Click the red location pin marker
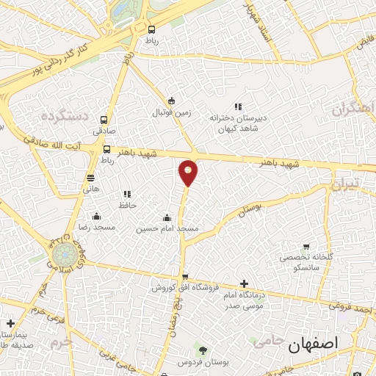(x=189, y=172)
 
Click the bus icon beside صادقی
(x=104, y=120)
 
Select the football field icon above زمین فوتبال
(x=171, y=101)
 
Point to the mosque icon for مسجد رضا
(x=96, y=216)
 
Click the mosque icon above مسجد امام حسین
(x=167, y=217)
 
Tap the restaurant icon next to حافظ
(x=127, y=194)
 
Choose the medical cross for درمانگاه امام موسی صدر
(x=244, y=283)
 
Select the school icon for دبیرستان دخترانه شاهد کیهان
(x=236, y=106)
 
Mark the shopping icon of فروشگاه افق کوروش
(x=174, y=276)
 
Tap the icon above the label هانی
(x=90, y=177)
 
